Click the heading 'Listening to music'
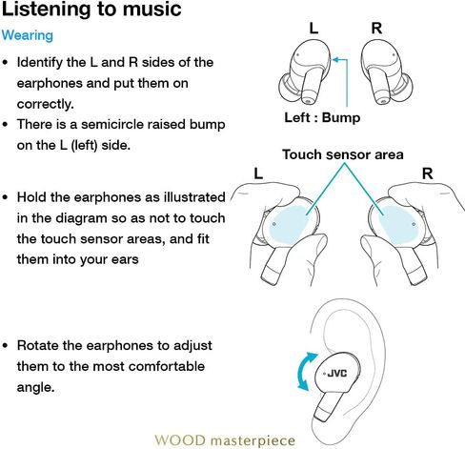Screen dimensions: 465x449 pyautogui.click(x=91, y=10)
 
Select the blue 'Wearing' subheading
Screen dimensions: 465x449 pyautogui.click(x=28, y=35)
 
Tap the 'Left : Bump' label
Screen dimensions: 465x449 pyautogui.click(x=322, y=117)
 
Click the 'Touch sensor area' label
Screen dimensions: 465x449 pyautogui.click(x=343, y=154)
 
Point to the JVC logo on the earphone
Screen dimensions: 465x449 pyautogui.click(x=337, y=374)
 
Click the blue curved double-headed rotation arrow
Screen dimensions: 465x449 pyautogui.click(x=302, y=372)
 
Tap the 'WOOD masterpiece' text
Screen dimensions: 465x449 pyautogui.click(x=225, y=440)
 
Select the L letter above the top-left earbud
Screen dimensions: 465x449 pyautogui.click(x=313, y=29)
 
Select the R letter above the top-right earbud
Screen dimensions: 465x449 pyautogui.click(x=376, y=29)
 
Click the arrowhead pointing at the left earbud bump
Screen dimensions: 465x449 pyautogui.click(x=335, y=59)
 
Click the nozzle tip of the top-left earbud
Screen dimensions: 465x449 pyautogui.click(x=307, y=100)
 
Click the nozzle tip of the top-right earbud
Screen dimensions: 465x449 pyautogui.click(x=383, y=100)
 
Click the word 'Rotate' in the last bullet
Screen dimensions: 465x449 pyautogui.click(x=38, y=346)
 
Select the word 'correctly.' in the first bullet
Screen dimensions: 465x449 pyautogui.click(x=46, y=104)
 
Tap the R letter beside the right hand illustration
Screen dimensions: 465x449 pyautogui.click(x=427, y=173)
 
